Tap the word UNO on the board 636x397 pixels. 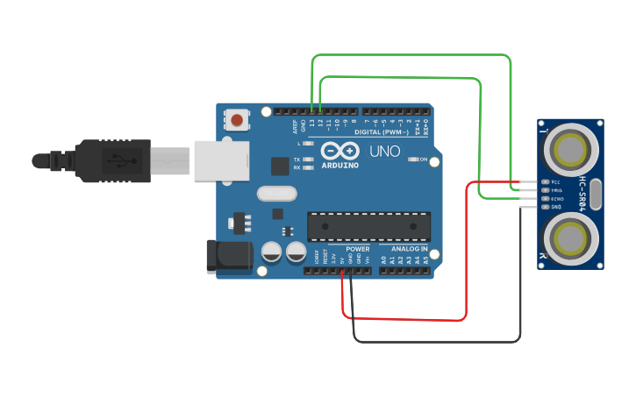(384, 152)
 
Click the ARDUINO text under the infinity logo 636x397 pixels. (339, 165)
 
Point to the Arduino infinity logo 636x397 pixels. (339, 150)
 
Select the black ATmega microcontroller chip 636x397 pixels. (368, 226)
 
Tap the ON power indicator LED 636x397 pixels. (414, 160)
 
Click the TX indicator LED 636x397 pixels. (307, 159)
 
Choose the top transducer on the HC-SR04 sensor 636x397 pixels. (570, 148)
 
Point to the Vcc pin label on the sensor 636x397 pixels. (555, 182)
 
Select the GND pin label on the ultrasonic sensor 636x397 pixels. (555, 207)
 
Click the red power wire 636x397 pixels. (466, 254)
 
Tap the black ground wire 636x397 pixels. (439, 341)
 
